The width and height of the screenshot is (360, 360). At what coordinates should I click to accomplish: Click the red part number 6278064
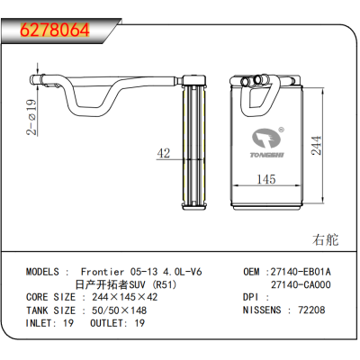tap(55, 30)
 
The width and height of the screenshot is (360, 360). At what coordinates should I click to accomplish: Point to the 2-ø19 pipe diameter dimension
tap(31, 117)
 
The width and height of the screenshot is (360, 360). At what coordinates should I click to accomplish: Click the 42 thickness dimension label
tap(164, 153)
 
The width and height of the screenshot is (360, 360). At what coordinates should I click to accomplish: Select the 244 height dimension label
tap(316, 146)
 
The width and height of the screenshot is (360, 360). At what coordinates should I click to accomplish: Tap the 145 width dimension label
tap(266, 179)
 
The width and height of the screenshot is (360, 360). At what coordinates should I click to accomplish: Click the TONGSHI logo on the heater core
tap(267, 142)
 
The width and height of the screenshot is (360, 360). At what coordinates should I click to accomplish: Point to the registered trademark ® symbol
tap(281, 130)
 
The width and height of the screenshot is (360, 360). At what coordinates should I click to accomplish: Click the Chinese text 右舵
tap(325, 239)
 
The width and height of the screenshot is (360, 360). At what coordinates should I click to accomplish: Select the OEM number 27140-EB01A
tap(301, 272)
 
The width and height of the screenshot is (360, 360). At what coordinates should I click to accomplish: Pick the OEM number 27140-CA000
tap(301, 284)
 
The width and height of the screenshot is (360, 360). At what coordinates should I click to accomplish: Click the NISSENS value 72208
tap(311, 310)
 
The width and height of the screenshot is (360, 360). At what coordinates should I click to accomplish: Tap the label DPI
tap(250, 297)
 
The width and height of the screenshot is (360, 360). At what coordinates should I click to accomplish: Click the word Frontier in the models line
tap(103, 272)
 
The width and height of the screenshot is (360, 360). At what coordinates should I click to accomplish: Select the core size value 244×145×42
tap(124, 297)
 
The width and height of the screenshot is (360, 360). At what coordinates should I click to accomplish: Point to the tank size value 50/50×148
tap(119, 310)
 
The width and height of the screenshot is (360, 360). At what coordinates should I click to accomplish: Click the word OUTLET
tap(106, 323)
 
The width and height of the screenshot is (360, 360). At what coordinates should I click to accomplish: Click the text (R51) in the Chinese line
tap(164, 284)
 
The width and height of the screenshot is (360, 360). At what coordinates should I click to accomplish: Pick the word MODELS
tap(42, 272)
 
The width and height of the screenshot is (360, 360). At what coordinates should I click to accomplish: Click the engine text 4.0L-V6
tap(182, 272)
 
